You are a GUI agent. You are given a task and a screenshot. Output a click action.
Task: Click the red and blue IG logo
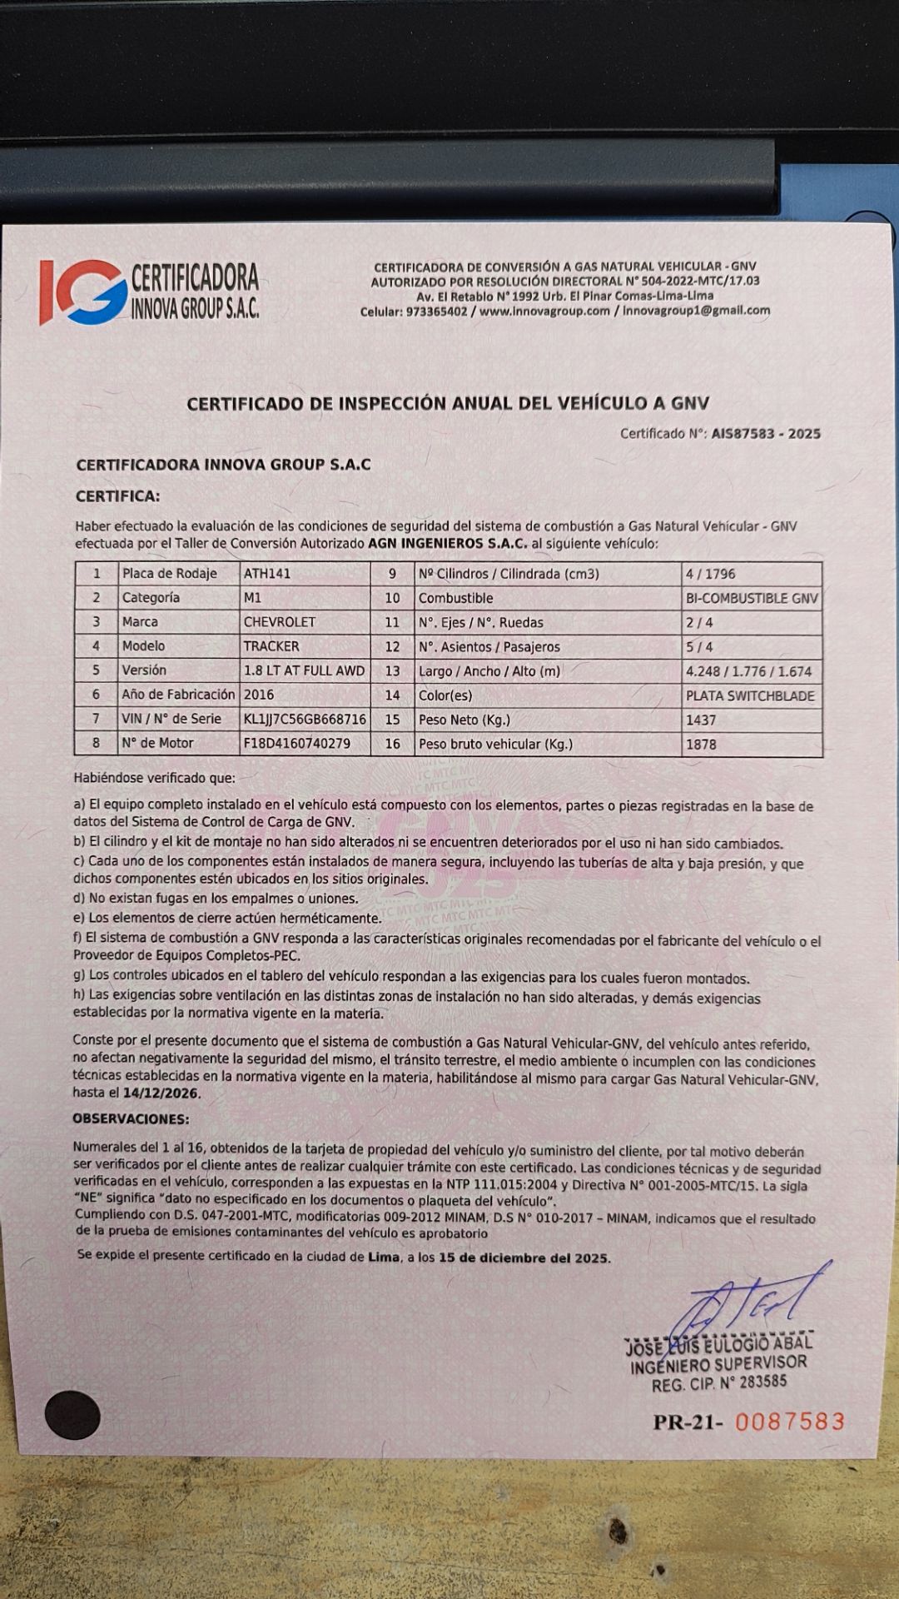tap(82, 291)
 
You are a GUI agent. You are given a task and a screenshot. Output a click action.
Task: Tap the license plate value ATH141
tap(267, 574)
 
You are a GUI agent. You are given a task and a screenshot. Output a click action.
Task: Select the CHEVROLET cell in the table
tap(280, 622)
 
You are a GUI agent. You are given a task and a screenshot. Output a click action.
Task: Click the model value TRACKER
tap(271, 646)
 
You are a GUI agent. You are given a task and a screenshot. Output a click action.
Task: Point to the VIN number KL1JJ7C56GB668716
tap(305, 719)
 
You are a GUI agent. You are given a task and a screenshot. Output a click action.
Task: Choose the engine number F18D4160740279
tap(297, 743)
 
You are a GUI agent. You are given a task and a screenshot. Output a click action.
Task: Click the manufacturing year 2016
tap(259, 695)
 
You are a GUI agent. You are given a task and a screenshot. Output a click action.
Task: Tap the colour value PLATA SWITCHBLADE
tap(750, 696)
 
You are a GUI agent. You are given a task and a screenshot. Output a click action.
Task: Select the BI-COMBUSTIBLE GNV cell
tap(752, 598)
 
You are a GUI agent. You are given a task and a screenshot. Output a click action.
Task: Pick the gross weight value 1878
tap(701, 745)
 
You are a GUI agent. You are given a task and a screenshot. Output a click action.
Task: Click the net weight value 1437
tap(701, 720)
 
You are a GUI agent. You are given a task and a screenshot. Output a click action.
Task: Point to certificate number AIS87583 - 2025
tap(766, 434)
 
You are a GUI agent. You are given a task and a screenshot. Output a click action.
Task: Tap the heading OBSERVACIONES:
tap(131, 1118)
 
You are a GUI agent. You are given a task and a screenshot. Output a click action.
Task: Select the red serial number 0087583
tap(790, 1422)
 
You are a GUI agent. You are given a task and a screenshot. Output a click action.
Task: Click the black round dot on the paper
tap(72, 1415)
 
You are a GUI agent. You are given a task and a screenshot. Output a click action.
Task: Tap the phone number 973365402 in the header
tap(436, 311)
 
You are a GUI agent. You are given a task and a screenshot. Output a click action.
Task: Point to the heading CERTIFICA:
tap(117, 496)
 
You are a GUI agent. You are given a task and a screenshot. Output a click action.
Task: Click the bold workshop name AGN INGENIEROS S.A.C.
tap(448, 544)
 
